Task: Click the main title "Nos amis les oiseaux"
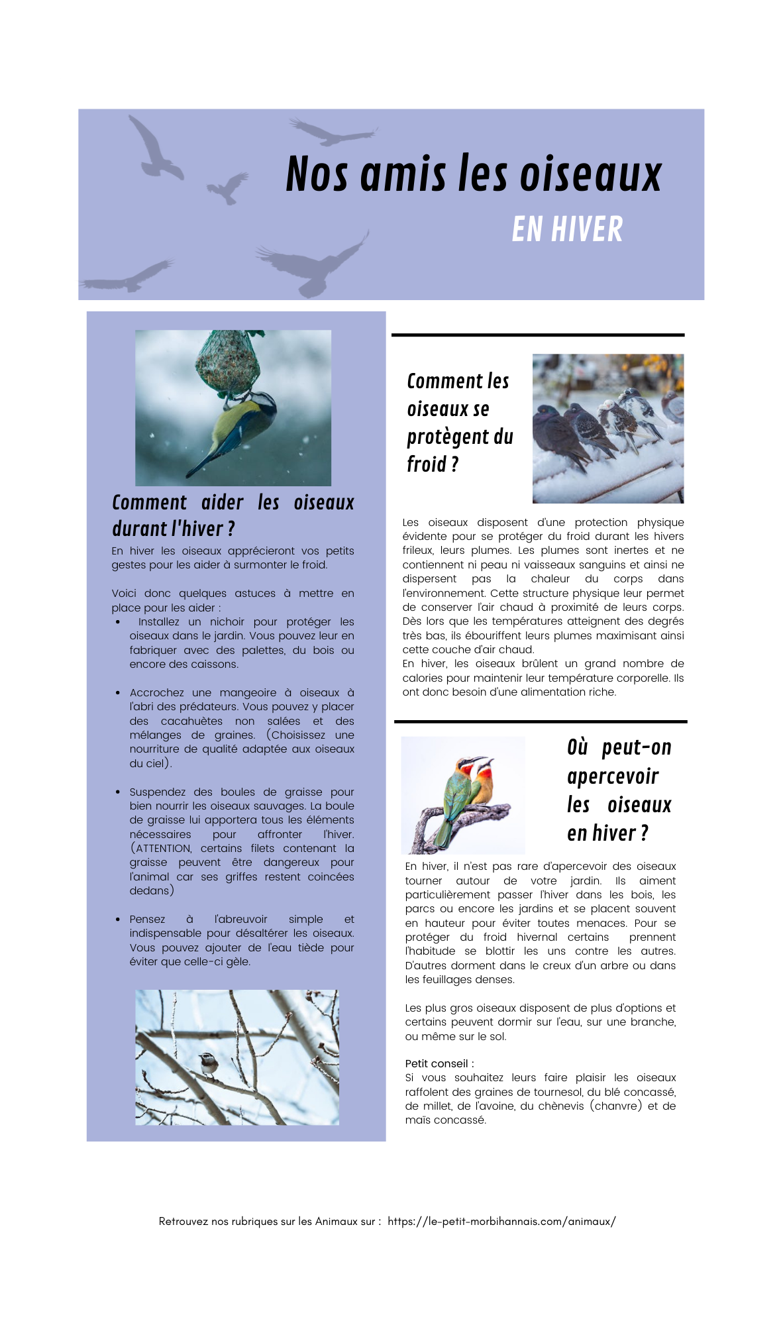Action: (x=473, y=174)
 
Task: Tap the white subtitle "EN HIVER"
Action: (x=567, y=230)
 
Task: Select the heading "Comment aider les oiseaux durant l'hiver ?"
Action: (x=233, y=515)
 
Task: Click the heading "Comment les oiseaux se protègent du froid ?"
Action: (x=459, y=423)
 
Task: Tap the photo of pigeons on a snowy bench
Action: (x=607, y=429)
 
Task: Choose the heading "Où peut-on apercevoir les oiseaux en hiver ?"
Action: (x=619, y=790)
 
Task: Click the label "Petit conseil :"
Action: (x=439, y=1064)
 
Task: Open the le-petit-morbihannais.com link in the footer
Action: (x=501, y=1222)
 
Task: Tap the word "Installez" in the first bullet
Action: (x=158, y=622)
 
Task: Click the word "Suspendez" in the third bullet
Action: (x=158, y=792)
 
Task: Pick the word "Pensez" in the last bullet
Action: (x=147, y=920)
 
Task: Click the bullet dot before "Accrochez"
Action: (x=118, y=693)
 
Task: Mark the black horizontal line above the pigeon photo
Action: (x=537, y=335)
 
